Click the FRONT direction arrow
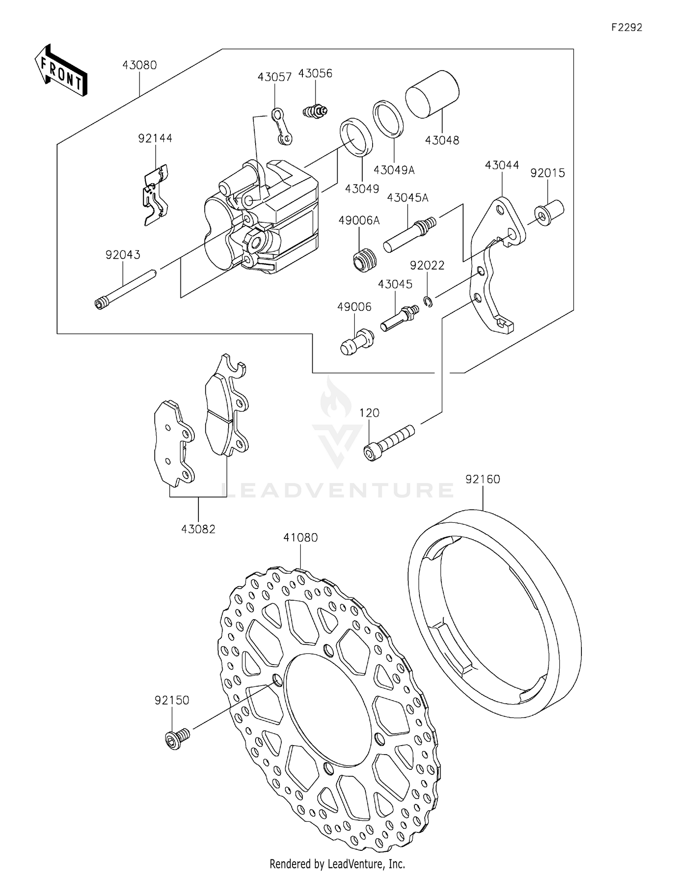[61, 71]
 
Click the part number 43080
[139, 65]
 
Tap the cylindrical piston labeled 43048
[432, 94]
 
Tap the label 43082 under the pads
[198, 529]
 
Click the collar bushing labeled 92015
[549, 213]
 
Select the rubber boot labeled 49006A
[364, 261]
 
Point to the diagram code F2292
[626, 27]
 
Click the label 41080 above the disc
[300, 537]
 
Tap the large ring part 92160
[495, 616]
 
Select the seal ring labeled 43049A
[388, 118]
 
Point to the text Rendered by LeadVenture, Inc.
[337, 863]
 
